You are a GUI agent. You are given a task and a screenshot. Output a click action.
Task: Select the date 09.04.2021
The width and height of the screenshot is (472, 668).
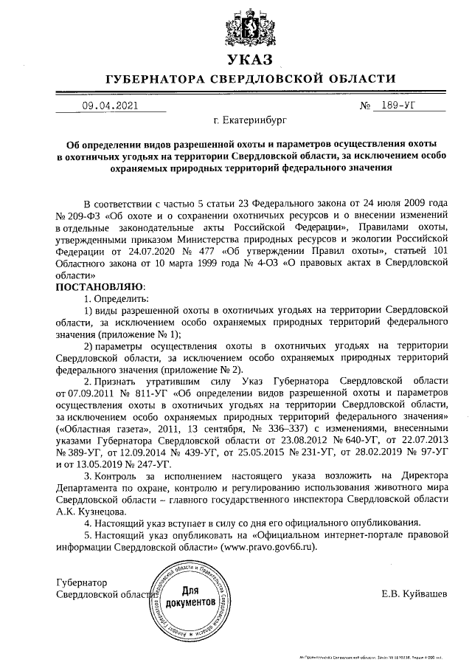[x=110, y=106]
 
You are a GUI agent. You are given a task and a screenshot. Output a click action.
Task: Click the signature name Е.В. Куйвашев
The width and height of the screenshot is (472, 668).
[x=414, y=593]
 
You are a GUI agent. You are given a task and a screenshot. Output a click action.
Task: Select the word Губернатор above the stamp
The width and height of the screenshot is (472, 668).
[x=82, y=582]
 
